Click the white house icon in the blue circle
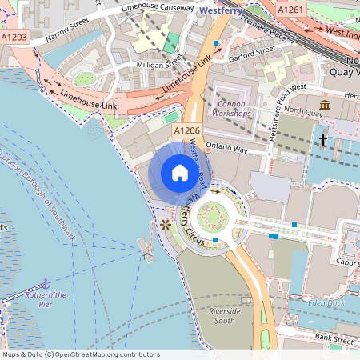179,174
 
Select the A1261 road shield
290,9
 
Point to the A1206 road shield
186,130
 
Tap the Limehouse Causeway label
156,8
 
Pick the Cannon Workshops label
232,108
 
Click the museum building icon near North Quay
325,106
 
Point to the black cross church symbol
324,141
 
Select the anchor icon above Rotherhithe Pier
46,284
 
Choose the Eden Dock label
326,302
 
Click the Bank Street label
334,339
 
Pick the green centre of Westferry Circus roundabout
213,215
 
